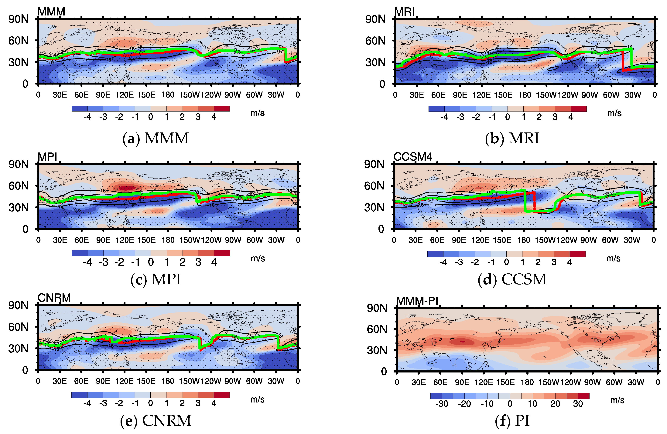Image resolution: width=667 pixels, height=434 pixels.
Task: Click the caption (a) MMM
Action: (156, 138)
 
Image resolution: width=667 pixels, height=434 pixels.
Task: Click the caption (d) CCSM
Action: (512, 279)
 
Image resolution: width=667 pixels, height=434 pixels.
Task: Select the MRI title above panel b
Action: (404, 12)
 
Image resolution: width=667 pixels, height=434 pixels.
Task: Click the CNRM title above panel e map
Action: (54, 298)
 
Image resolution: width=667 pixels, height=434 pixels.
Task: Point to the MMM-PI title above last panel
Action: (417, 301)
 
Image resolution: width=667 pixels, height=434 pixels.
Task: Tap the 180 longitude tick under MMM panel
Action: (168, 95)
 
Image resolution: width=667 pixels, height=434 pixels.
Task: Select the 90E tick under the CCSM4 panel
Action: (459, 240)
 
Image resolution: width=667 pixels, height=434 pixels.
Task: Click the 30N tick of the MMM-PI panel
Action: (377, 350)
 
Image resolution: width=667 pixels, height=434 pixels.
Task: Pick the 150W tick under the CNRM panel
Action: (189, 381)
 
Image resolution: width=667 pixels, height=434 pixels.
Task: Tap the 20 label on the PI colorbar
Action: (555, 404)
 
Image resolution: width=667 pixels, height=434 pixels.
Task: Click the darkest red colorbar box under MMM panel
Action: (222, 108)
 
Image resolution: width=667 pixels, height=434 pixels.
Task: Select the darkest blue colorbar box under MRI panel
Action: (436, 108)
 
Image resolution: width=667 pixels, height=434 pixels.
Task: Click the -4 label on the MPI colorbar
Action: (87, 262)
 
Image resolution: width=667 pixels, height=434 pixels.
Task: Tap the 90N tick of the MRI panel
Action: (375, 19)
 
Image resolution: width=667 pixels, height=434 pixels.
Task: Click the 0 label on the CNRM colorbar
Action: (150, 403)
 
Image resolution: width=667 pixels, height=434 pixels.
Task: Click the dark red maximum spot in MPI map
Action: (127, 188)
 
